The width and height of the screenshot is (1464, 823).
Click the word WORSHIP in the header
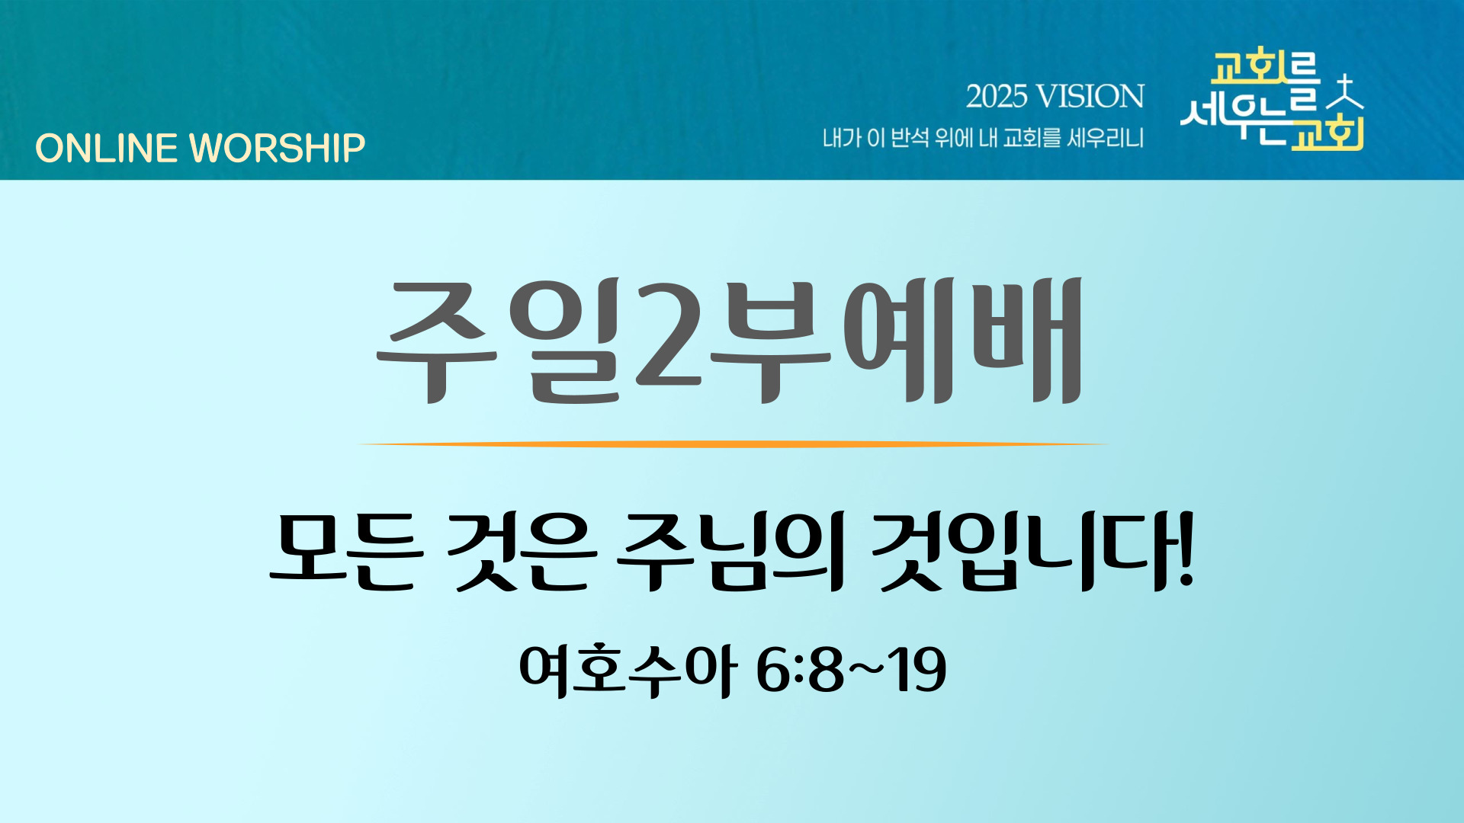(x=278, y=148)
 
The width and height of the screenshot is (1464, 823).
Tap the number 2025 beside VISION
(x=997, y=97)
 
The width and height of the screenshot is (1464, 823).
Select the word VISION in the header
(x=1091, y=97)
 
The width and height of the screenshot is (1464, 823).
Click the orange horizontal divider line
(x=732, y=444)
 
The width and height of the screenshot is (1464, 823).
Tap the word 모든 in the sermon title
(x=346, y=551)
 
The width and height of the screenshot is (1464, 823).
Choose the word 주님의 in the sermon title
(x=730, y=551)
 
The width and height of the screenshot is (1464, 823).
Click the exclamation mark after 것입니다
(x=1185, y=549)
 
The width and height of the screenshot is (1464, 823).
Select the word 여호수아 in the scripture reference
(x=628, y=670)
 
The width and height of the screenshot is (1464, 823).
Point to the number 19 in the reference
(x=921, y=670)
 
